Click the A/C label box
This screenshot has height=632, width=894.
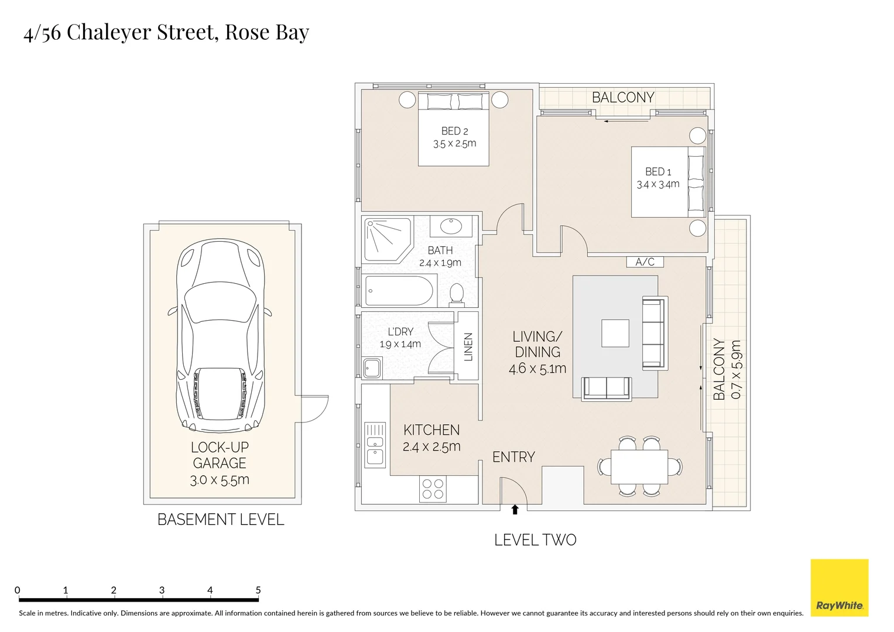[645, 262]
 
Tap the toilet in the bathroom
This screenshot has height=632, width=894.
[457, 294]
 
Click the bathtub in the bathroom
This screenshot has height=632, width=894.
[399, 291]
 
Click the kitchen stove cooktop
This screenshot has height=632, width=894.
[433, 489]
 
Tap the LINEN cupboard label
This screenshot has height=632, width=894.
[468, 346]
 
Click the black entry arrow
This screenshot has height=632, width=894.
[515, 510]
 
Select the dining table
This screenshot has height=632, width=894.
[639, 466]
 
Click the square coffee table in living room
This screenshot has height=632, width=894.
[615, 333]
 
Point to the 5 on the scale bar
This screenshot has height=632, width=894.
[258, 590]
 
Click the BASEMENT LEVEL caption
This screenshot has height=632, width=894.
[221, 520]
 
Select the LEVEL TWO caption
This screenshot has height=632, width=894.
[535, 540]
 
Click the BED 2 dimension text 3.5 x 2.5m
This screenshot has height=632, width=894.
[454, 144]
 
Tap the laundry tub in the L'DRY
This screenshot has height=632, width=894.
[372, 368]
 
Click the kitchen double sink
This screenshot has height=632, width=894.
[375, 444]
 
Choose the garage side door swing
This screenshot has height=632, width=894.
[313, 408]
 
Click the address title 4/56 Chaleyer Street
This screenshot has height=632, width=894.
[166, 32]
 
